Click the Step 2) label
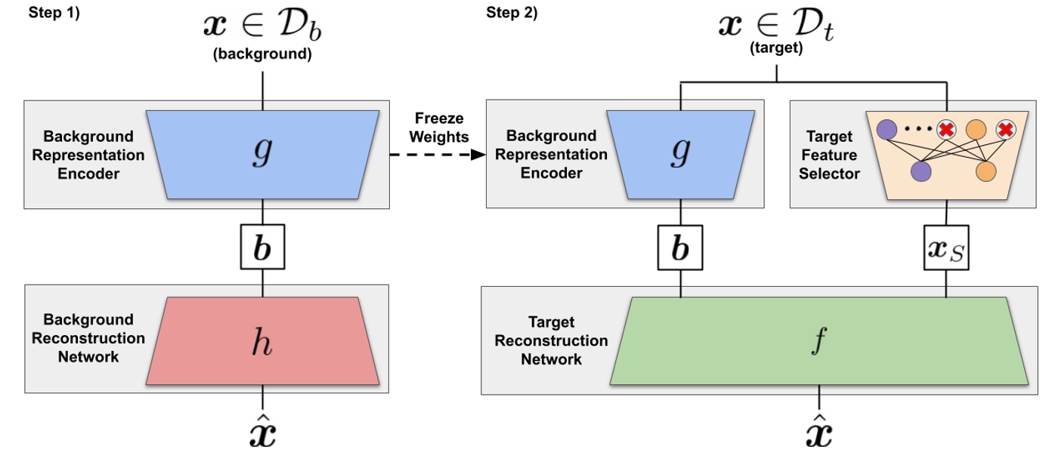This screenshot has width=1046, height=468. click(512, 13)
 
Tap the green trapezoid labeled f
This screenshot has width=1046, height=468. click(819, 340)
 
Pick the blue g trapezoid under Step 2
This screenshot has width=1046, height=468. click(680, 154)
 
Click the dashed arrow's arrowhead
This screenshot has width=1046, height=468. click(478, 155)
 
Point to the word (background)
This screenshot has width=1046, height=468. click(262, 55)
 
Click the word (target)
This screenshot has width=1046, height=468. click(776, 48)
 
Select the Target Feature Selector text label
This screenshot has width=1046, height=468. click(829, 155)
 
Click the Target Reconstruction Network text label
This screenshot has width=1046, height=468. click(551, 341)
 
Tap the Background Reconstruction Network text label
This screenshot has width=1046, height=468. click(88, 338)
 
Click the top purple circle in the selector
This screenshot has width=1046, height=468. click(886, 130)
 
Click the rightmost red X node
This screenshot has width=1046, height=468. click(1005, 130)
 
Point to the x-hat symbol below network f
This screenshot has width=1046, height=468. click(819, 431)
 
